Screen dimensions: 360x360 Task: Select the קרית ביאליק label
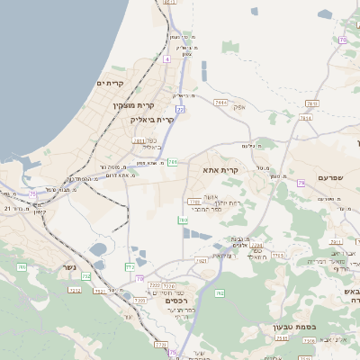(x=151, y=119)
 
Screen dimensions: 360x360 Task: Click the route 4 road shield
(x=166, y=58)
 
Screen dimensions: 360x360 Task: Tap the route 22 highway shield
(x=180, y=109)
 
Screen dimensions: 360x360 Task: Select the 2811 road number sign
(x=139, y=140)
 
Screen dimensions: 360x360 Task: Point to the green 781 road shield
(x=171, y=162)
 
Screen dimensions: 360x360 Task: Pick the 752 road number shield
(x=86, y=275)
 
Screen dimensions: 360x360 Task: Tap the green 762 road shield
(x=219, y=293)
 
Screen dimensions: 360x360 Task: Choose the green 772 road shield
(x=130, y=266)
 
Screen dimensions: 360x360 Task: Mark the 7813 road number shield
(x=305, y=117)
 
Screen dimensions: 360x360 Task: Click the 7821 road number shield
(x=201, y=260)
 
